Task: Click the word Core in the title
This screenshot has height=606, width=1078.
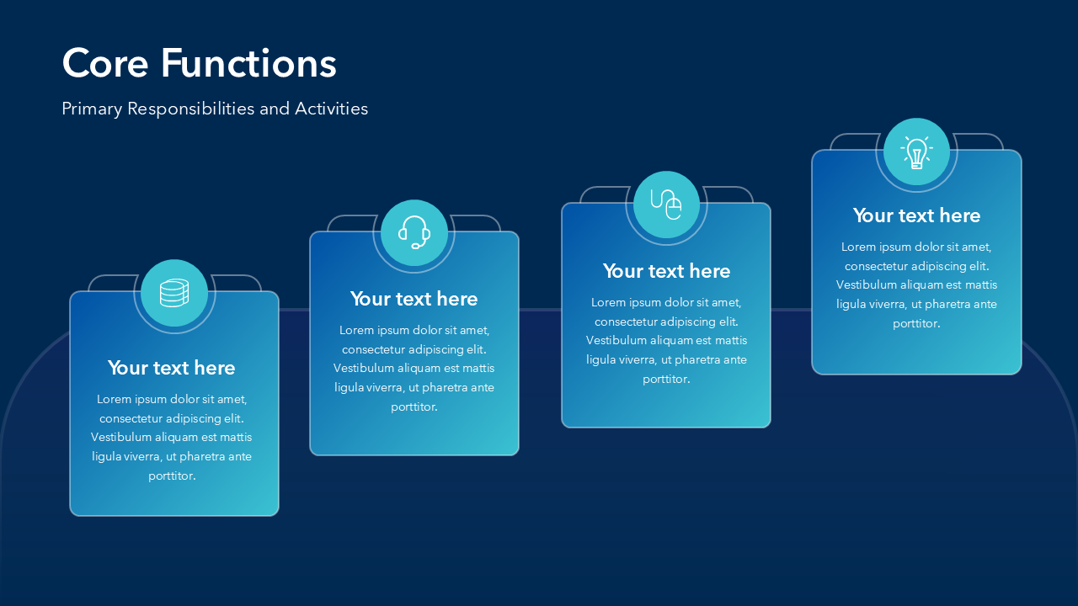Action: (105, 63)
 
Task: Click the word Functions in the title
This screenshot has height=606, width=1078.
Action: (248, 63)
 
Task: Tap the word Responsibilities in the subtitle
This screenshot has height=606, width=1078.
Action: (190, 109)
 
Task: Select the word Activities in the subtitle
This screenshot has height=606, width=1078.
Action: (332, 109)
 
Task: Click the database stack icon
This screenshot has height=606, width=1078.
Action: (174, 293)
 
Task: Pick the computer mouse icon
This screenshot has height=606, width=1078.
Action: (666, 205)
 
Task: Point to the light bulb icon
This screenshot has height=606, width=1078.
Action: (917, 152)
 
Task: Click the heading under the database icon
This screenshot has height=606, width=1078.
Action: (171, 368)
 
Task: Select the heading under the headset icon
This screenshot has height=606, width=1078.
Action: (414, 299)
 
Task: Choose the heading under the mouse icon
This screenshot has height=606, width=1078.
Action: (666, 271)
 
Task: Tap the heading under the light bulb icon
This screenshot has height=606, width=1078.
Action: (917, 215)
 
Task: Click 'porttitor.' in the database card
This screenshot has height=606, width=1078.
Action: (172, 476)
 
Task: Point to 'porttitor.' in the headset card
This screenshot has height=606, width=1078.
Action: (414, 407)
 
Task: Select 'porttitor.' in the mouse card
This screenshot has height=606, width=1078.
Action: (666, 380)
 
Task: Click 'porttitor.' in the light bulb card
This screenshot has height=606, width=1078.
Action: (916, 324)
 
